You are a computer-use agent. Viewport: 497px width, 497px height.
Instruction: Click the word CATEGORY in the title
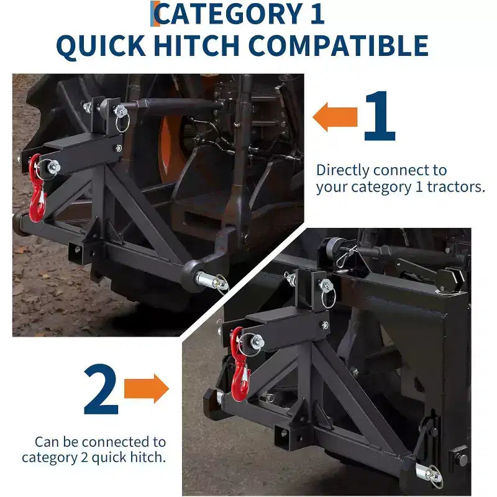coord(228,14)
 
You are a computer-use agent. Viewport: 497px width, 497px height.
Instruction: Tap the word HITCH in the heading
coord(196,46)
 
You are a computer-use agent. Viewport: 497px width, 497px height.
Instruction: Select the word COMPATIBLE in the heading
coord(339,46)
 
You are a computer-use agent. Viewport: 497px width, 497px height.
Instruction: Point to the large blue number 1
coord(380,116)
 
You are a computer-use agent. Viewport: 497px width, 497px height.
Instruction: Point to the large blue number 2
coord(101,389)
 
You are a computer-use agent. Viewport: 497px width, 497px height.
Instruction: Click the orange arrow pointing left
coord(335,117)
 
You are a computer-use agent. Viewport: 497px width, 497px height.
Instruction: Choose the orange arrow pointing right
coord(146,388)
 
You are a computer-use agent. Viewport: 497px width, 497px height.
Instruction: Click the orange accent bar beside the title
coord(152,14)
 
